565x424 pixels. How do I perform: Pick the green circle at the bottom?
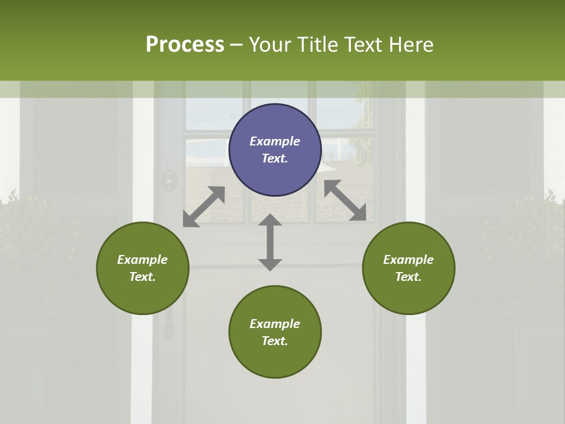pos(275,359)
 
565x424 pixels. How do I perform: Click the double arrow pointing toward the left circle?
pos(204,207)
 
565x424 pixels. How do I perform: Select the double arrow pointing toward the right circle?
pos(345,200)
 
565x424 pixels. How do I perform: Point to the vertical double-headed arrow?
pos(270,242)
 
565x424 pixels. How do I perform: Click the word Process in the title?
pos(185,44)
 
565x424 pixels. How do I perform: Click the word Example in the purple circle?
pos(275,141)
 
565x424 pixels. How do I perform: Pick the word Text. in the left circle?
pos(142,277)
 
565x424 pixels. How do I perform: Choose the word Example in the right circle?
pos(408,260)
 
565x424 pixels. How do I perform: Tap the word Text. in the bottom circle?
pos(275,341)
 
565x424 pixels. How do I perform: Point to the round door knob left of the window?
pos(169,181)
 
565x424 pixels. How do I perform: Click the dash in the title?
pos(237,45)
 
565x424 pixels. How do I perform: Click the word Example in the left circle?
pos(142,260)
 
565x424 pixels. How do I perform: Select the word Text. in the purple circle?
pos(275,158)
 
